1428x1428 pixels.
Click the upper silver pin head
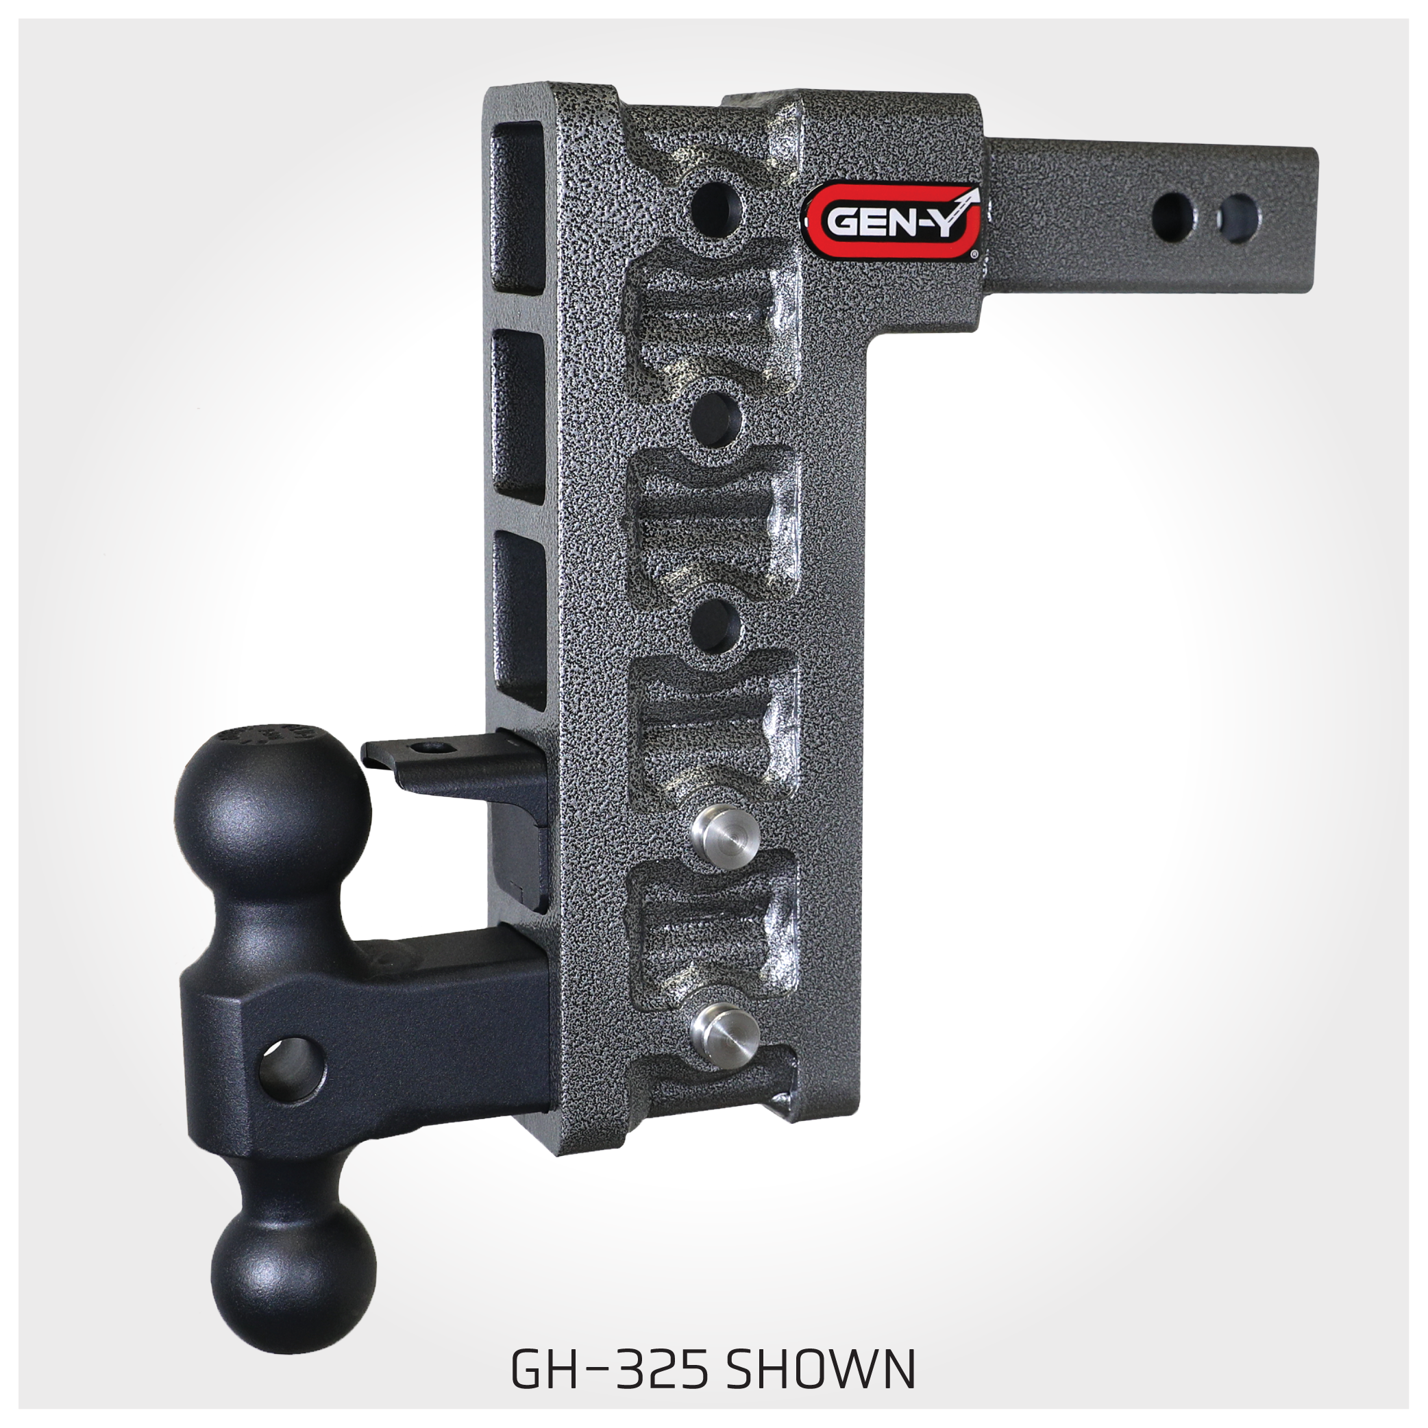(x=724, y=832)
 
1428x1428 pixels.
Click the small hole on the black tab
(x=427, y=748)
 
